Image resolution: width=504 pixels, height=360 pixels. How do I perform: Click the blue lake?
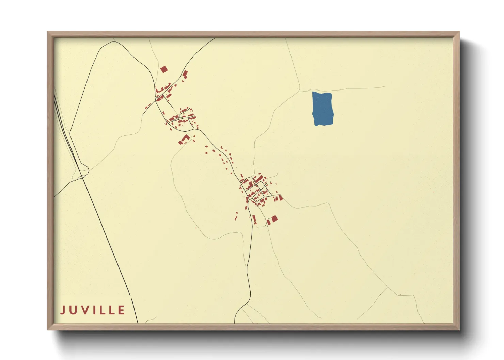tap(322, 109)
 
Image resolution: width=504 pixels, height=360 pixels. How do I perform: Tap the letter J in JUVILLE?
tap(63, 310)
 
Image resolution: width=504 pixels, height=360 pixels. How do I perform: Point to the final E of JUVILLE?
tap(121, 310)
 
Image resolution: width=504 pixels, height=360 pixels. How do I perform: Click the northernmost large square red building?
tap(164, 69)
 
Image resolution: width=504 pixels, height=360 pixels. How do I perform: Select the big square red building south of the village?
tap(274, 218)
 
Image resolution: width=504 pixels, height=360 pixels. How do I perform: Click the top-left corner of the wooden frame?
tap(48, 32)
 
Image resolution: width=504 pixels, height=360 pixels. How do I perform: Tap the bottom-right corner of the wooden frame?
tap(459, 329)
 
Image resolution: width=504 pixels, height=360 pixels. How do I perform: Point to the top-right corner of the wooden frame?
tap(459, 32)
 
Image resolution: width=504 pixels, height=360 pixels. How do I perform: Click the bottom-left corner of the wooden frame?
tap(48, 329)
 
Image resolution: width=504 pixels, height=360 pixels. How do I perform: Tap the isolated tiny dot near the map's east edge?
tap(434, 192)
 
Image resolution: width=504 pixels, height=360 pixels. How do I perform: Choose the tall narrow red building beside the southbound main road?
tap(254, 219)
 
